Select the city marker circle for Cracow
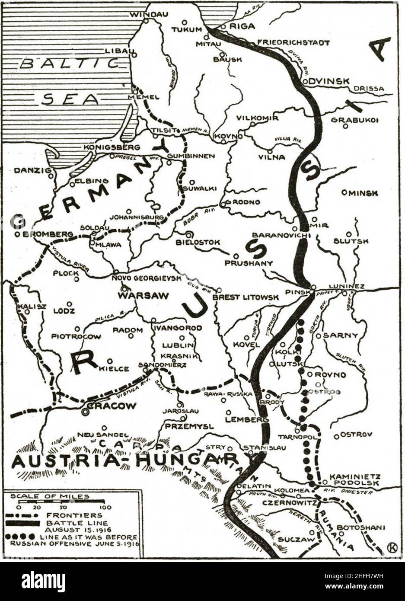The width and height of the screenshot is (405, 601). (86, 412)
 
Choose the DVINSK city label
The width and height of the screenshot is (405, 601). (329, 81)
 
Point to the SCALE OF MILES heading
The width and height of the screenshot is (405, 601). (50, 496)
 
